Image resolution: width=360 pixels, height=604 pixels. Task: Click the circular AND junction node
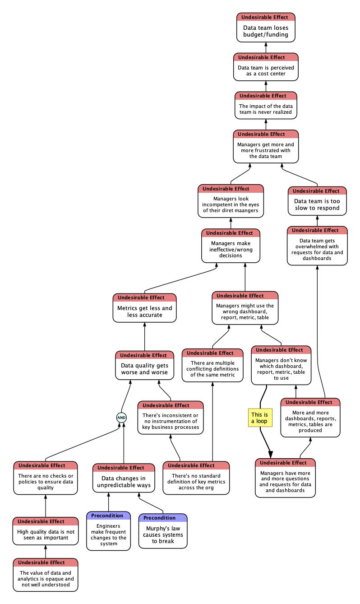pos(121,418)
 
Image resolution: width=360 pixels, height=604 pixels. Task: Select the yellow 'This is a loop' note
pos(260,418)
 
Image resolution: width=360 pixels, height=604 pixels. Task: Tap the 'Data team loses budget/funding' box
pos(266,28)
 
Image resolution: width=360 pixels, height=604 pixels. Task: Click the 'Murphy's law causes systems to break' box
pos(163,531)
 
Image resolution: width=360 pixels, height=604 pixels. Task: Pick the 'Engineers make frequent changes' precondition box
pos(108,531)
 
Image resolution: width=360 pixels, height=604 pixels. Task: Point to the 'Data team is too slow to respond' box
pos(317,201)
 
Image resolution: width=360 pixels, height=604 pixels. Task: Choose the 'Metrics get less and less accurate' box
pos(144,308)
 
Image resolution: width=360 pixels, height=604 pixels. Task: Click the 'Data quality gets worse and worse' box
pos(144,365)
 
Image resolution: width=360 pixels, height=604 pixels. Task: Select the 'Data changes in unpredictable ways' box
pos(124,478)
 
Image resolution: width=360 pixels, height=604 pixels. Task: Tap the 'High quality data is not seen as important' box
pos(46,531)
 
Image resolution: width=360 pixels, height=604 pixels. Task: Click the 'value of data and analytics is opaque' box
pos(46,575)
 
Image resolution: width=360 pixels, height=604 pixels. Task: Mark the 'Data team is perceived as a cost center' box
pos(266,67)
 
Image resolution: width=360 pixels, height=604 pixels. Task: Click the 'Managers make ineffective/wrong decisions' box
pos(231,246)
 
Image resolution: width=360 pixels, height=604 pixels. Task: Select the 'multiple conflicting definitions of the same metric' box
pos(212,365)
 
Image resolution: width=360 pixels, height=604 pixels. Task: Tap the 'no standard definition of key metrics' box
pos(196,478)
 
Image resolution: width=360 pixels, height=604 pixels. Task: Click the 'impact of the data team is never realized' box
pos(266,106)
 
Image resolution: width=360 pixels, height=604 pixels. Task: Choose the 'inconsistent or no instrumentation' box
pos(170,418)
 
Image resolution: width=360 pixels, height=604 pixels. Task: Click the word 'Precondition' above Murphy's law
pos(159,518)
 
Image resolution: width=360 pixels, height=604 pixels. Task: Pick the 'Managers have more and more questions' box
pos(285,478)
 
